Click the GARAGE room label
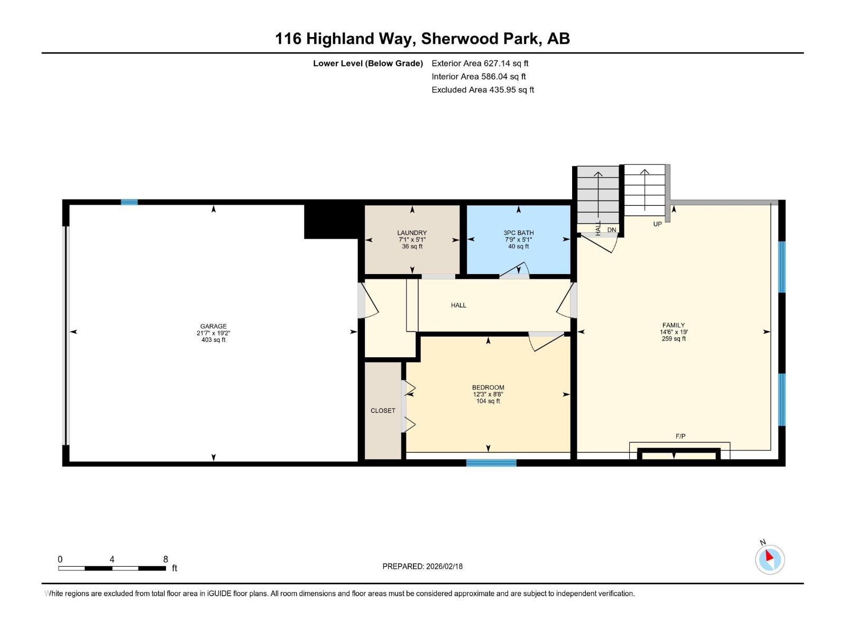213,326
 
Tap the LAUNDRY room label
412,233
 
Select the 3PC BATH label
518,233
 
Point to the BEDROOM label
488,387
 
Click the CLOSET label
383,411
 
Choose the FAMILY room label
673,325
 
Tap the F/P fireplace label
681,436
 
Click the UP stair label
657,224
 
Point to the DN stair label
611,230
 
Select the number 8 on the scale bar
165,559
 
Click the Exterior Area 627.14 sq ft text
480,63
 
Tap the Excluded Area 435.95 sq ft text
483,90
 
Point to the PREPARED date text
422,566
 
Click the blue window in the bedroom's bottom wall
491,462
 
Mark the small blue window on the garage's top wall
129,202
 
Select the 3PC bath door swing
515,270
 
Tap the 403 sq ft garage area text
213,340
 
